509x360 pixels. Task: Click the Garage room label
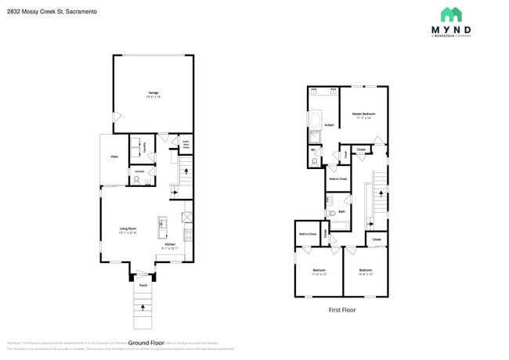click(153, 92)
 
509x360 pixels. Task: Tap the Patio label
click(114, 157)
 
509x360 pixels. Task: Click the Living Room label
click(128, 229)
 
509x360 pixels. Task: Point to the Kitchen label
click(170, 244)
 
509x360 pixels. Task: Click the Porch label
click(143, 286)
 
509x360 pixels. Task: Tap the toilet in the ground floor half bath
click(137, 180)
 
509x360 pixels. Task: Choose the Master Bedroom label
click(363, 114)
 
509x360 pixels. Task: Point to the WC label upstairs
click(313, 149)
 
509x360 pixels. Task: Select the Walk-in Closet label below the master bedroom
click(338, 178)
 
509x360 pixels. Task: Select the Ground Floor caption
click(146, 343)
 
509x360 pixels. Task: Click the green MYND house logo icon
click(450, 15)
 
